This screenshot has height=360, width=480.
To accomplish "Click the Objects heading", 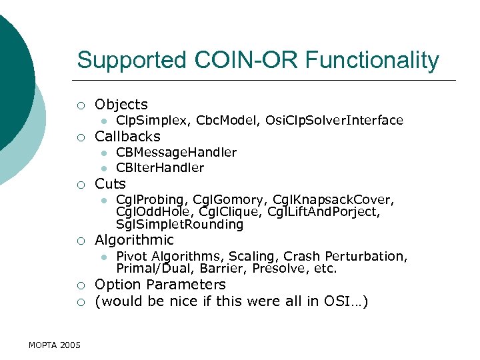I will pos(121,105).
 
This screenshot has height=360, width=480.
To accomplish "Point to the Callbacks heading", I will pos(127,137).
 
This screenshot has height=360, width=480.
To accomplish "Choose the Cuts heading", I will pos(110,184).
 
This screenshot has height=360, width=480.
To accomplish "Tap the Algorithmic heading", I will pos(134,240).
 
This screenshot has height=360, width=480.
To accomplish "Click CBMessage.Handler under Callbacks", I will pos(176,153).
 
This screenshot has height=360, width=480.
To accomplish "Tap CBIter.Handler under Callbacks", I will pos(160,168).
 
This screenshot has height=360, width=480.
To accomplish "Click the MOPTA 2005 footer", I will pos(55,345).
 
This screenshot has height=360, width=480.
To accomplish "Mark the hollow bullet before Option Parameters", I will pos(81,286).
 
